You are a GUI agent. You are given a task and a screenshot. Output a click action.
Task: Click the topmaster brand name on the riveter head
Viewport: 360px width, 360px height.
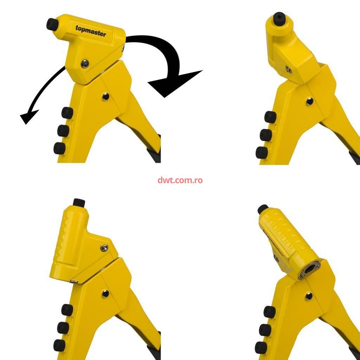pos(91,31)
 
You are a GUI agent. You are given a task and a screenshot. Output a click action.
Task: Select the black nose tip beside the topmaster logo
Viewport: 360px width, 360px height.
pos(52,24)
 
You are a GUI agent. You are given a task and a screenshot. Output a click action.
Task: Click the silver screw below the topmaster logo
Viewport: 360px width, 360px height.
pos(85,64)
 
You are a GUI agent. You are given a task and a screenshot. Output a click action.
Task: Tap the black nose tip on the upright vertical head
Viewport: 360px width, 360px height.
pos(79,202)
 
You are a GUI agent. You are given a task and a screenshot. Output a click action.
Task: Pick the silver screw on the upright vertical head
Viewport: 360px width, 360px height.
pos(104,247)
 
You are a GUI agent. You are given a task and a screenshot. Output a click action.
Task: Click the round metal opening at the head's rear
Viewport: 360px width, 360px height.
pos(310,269)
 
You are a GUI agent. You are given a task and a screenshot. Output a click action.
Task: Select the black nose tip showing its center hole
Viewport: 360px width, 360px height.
pos(279,18)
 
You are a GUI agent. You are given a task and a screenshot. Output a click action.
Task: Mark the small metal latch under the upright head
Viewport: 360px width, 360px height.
pos(74,281)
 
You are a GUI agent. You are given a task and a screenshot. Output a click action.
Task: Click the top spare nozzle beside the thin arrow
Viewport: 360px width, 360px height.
pos(67,113)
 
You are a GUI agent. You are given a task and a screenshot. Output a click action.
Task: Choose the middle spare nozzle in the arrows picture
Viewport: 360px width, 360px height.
pos(63,131)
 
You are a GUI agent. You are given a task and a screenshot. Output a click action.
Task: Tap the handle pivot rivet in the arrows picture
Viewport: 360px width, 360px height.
pos(106,96)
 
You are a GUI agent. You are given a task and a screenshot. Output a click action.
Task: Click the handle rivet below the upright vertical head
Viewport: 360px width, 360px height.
pos(105,294)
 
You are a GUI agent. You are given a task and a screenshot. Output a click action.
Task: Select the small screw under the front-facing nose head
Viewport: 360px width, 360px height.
pos(289,69)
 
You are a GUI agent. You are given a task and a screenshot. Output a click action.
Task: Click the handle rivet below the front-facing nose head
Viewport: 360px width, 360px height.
pos(309,101)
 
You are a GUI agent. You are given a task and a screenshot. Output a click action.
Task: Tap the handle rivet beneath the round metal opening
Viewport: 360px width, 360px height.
pos(309,296)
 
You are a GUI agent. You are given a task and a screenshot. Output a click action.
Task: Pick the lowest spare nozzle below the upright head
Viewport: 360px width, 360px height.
pos(59,345)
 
